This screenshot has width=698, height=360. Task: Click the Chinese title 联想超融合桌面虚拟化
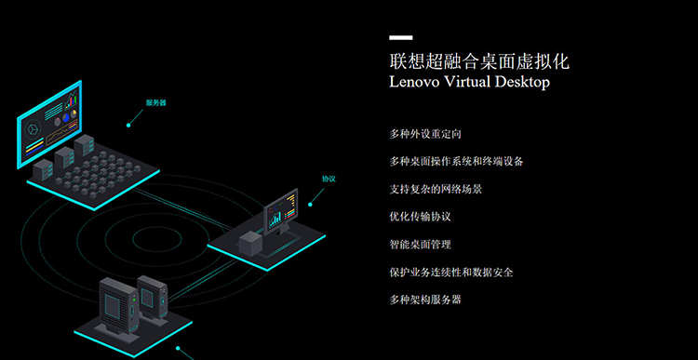[479, 61]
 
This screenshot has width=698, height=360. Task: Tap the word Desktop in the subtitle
[520, 82]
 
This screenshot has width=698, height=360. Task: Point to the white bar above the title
[400, 38]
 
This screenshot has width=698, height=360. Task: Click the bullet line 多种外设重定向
[425, 134]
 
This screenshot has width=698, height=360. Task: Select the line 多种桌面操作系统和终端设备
[456, 162]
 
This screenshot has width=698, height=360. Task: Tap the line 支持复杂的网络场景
[436, 189]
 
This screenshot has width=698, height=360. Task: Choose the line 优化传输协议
[421, 217]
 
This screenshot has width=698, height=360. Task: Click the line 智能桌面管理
[421, 245]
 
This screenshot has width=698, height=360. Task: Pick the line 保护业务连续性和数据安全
[451, 272]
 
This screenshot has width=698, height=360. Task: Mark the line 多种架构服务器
[425, 300]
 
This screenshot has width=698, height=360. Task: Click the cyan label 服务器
[155, 103]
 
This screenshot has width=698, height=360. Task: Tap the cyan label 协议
[329, 179]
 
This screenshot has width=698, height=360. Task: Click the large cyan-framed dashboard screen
[49, 124]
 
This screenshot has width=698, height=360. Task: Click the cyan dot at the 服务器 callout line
[128, 126]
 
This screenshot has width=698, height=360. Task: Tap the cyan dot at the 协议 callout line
[310, 205]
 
